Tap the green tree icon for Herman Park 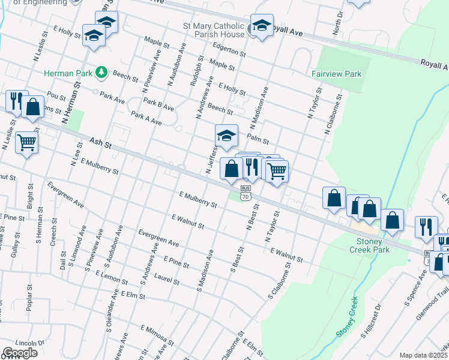point(101,73)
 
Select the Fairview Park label point(336,74)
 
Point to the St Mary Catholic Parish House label point(214,31)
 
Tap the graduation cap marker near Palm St point(226,136)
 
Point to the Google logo point(20,352)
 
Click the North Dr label point(339,23)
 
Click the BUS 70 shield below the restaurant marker point(245,193)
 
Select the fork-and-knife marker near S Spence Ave point(426,226)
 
